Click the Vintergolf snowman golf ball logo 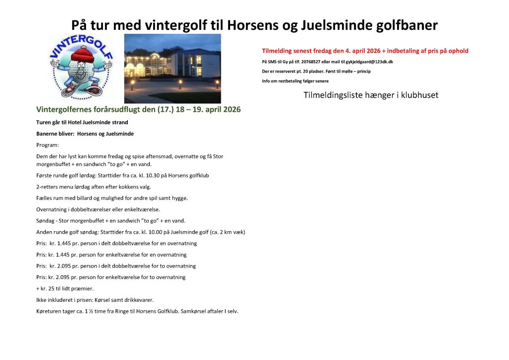coord(81,67)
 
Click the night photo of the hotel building coord(172,69)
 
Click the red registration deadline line coord(365,51)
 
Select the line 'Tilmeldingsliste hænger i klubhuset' coord(371,95)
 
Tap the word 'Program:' coord(47,145)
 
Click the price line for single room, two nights coord(111,277)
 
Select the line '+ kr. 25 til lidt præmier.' coord(65,288)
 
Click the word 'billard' coord(85,198)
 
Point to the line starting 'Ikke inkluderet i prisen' coord(95,300)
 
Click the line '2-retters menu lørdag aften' coord(93,187)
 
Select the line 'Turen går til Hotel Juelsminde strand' coord(82,122)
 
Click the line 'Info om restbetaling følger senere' coord(295,81)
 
